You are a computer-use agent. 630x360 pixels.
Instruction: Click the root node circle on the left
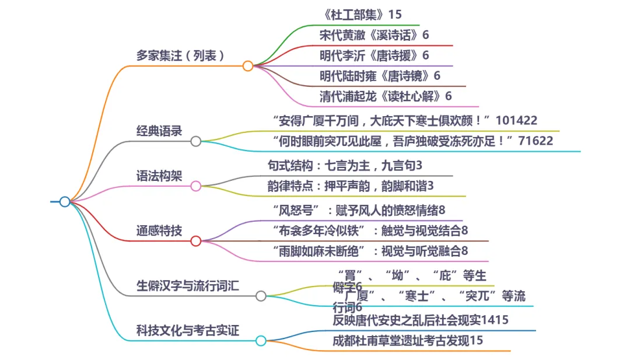[x=65, y=202]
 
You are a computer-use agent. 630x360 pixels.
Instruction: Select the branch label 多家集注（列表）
[x=180, y=56]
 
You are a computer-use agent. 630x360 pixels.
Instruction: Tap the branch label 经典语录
[x=159, y=131]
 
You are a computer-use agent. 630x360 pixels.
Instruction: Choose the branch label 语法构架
[x=159, y=176]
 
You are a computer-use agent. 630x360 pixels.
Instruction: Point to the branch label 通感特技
[x=159, y=230]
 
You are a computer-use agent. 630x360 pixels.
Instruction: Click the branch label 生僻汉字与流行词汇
[x=188, y=286]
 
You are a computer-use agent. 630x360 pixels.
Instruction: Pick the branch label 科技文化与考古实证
[x=188, y=331]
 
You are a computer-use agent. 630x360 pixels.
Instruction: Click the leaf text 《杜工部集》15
[x=362, y=15]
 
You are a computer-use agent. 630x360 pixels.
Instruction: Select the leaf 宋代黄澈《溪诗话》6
[x=374, y=35]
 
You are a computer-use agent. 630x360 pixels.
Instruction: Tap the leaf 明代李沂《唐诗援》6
[x=374, y=55]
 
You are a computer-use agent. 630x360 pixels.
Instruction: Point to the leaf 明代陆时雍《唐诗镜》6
[x=380, y=76]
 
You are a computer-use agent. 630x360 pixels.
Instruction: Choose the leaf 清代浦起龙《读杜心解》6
[x=386, y=96]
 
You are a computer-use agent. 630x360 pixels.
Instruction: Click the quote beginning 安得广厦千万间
[x=405, y=121]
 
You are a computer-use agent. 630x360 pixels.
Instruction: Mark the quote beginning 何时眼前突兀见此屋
[x=412, y=141]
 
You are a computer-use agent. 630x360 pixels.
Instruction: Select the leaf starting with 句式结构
[x=344, y=166]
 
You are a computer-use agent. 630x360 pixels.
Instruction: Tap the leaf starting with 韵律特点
[x=350, y=186]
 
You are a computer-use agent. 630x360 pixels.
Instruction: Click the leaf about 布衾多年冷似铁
[x=370, y=230]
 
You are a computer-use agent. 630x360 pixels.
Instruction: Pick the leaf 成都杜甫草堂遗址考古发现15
[x=408, y=341]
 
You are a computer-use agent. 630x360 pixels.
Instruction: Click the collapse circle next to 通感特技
[x=196, y=241]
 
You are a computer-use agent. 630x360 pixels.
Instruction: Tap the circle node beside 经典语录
[x=196, y=141]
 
